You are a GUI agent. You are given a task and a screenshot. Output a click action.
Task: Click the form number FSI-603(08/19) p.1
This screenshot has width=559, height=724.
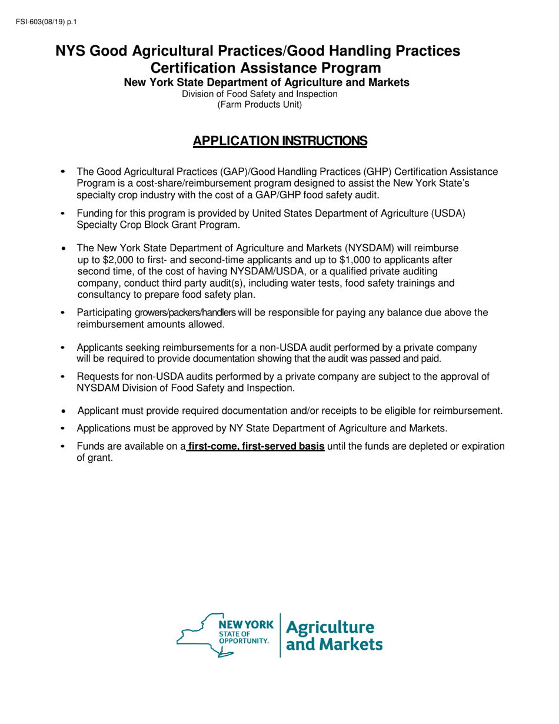pyautogui.click(x=43, y=23)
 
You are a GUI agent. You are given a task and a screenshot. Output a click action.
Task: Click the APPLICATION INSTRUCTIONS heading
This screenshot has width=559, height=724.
pyautogui.click(x=280, y=141)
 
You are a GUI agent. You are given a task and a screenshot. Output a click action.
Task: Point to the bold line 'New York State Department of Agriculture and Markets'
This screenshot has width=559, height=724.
pyautogui.click(x=267, y=83)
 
